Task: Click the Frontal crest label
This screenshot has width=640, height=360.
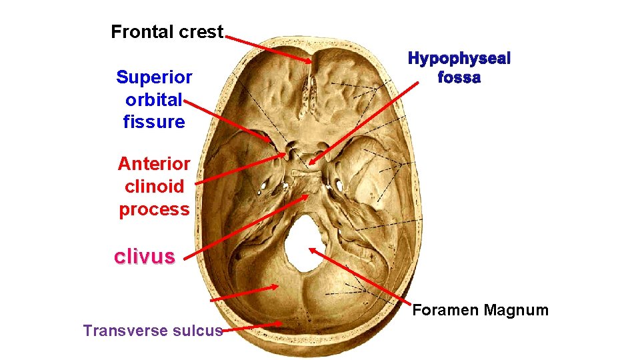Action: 167,31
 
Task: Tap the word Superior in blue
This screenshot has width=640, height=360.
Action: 154,77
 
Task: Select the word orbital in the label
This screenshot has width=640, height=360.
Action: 153,100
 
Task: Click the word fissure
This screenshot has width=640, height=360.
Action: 154,122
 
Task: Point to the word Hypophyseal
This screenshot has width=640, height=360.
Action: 459,59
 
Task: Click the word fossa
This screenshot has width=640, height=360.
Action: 459,77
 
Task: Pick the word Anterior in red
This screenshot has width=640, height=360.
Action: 154,163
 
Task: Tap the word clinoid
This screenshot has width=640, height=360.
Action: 154,186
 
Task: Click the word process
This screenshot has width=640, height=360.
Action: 154,209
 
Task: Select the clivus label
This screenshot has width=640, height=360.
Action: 145,257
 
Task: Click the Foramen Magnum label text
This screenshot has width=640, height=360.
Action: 480,310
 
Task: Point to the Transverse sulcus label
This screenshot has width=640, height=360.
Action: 153,330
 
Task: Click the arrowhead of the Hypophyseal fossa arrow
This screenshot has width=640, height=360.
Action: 312,161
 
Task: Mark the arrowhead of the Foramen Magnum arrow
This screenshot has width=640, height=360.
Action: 311,250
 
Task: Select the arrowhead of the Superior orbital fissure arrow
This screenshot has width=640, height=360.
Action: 270,141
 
